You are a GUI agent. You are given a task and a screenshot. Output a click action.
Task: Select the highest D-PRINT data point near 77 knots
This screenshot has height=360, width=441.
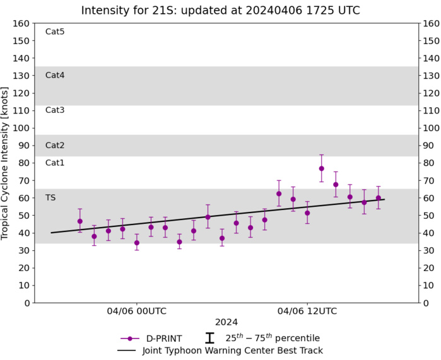tap(322, 168)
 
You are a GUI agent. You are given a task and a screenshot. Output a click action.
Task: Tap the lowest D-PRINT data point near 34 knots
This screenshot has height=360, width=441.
tap(137, 243)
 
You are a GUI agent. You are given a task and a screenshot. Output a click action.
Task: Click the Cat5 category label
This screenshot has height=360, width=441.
tap(55, 32)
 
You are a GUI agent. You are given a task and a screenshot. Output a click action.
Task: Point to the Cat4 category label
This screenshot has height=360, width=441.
tap(55, 75)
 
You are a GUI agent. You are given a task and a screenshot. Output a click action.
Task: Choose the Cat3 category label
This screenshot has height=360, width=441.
tap(55, 110)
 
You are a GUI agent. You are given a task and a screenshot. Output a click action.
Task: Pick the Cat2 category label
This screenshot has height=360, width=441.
tap(55, 145)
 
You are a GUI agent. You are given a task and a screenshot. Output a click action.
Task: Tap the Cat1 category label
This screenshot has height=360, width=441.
tap(55, 163)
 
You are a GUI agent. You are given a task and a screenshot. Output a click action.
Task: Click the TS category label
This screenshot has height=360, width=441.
tap(50, 197)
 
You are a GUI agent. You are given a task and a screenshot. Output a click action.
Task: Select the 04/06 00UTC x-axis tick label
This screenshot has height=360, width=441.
tap(137, 311)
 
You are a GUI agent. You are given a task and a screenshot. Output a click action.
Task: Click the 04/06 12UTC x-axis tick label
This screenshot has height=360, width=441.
tap(307, 311)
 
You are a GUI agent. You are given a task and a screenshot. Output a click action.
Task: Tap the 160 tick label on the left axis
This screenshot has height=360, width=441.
tap(22, 23)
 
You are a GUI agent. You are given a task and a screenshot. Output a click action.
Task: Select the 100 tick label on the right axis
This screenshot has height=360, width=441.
tap(431, 128)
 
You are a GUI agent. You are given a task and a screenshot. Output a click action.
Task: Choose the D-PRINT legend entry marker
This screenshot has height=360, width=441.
tap(129, 339)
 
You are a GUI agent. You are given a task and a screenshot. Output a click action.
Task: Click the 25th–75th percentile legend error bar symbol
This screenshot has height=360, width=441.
tap(209, 339)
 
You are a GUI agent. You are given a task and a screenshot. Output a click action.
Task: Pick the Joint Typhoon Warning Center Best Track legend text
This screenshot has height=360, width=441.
tap(233, 351)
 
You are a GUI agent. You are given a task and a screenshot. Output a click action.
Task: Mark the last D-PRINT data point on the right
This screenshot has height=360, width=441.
tap(379, 198)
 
